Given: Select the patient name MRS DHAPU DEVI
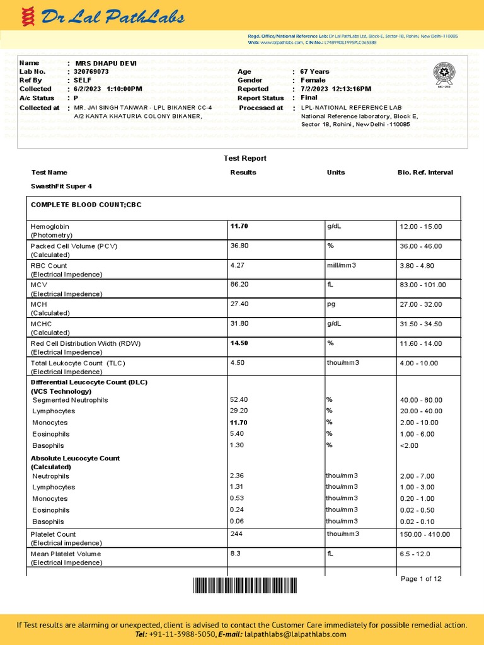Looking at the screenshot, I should [106, 63].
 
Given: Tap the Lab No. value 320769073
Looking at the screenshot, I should [91, 72].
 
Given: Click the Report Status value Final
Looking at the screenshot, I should [309, 98].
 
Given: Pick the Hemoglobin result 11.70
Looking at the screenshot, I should [240, 226].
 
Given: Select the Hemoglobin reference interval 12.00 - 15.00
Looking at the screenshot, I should [421, 226].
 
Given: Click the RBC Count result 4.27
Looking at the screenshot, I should [237, 265].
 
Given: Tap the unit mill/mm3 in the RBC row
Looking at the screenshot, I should [341, 265].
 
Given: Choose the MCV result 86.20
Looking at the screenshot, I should [239, 285].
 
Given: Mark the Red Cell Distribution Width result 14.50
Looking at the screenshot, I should [239, 343].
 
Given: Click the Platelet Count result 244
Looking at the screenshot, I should [236, 534].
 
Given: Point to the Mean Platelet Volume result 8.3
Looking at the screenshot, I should [236, 554].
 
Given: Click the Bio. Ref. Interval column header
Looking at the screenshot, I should [425, 173].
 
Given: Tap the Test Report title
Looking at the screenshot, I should [245, 158].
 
